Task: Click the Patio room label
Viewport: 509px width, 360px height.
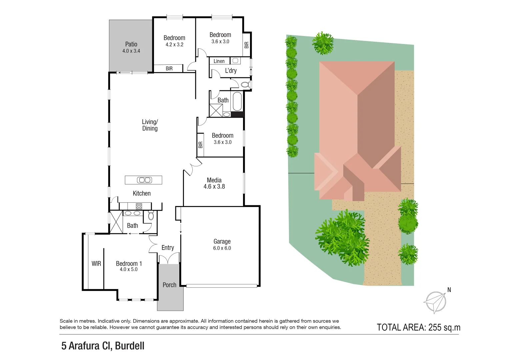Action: pyautogui.click(x=131, y=44)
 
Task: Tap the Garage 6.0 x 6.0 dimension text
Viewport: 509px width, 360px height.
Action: pyautogui.click(x=222, y=248)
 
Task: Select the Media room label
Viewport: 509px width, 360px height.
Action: pyautogui.click(x=214, y=180)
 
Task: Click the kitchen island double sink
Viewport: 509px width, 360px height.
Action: pyautogui.click(x=144, y=180)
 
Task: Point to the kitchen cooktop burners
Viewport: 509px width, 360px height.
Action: pyautogui.click(x=139, y=206)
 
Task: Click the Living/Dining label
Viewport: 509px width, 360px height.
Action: pyautogui.click(x=150, y=125)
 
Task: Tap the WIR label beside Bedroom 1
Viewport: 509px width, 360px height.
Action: pyautogui.click(x=96, y=264)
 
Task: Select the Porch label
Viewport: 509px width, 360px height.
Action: pyautogui.click(x=169, y=285)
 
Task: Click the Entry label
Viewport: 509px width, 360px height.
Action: pyautogui.click(x=168, y=248)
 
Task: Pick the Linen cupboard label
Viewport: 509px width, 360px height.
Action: pyautogui.click(x=219, y=61)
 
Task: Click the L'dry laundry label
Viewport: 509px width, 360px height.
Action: pyautogui.click(x=231, y=71)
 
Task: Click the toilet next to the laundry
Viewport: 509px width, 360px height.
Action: pyautogui.click(x=246, y=85)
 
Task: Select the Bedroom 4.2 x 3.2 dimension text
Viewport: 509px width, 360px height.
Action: pyautogui.click(x=174, y=45)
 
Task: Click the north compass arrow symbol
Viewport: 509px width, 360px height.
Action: pyautogui.click(x=435, y=302)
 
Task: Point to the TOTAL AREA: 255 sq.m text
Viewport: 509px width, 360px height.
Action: pyautogui.click(x=418, y=327)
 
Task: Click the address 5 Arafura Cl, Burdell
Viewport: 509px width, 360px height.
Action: pyautogui.click(x=103, y=346)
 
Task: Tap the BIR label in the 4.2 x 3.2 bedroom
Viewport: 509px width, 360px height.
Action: pyautogui.click(x=169, y=68)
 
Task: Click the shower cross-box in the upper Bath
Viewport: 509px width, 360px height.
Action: pyautogui.click(x=216, y=110)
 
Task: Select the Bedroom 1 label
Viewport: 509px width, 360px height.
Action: pyautogui.click(x=129, y=264)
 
